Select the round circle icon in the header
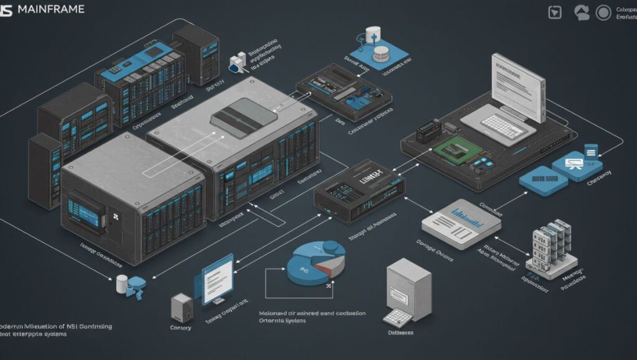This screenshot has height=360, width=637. point(602,12)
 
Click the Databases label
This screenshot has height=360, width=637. point(401,333)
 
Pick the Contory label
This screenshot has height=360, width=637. point(180,328)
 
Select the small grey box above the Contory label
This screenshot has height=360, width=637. point(182,306)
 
